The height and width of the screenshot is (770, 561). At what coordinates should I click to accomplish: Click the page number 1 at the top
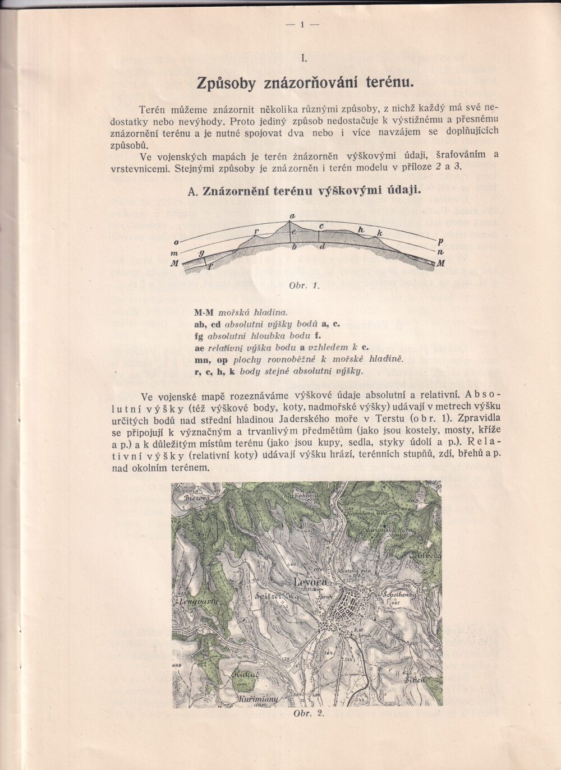302,24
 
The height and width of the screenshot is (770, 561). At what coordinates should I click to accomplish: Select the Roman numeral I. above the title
303,58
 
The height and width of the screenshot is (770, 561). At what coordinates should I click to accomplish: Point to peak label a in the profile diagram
292,216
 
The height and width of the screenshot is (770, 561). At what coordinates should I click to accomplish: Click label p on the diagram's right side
440,241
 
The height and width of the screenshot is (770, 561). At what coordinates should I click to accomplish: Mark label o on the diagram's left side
176,243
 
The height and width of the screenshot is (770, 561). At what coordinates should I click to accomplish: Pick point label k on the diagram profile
380,232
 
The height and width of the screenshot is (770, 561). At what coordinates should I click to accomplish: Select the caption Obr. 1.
304,285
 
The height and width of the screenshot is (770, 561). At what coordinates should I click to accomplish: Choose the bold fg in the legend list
199,335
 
